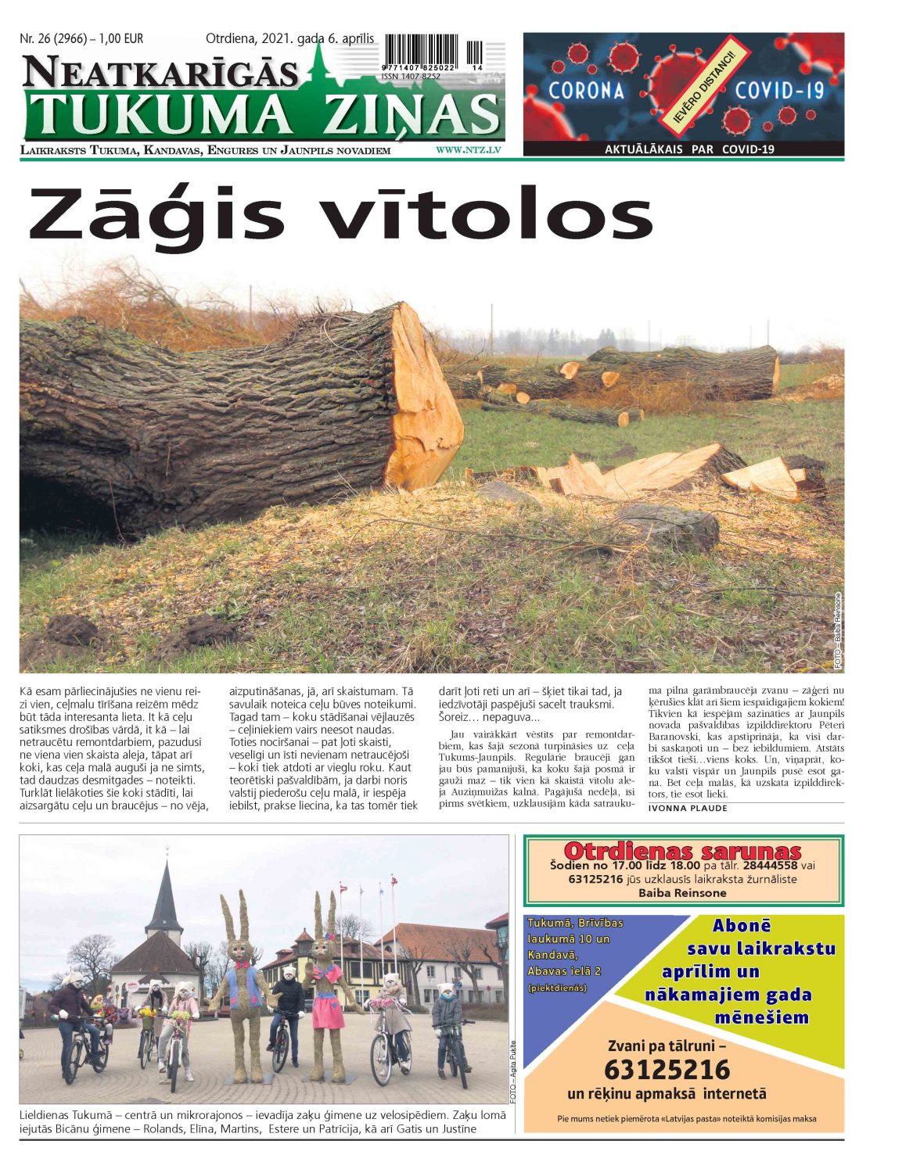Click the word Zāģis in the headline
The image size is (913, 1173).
[156, 215]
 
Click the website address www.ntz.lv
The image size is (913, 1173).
[468, 149]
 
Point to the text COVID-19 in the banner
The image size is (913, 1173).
[779, 90]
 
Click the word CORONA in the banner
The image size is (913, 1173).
[586, 90]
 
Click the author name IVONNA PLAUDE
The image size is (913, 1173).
[688, 809]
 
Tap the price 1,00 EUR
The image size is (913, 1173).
[121, 38]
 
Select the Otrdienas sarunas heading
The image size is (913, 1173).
[682, 852]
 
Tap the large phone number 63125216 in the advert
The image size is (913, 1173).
[667, 1069]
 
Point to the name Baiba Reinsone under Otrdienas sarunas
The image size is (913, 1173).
[682, 892]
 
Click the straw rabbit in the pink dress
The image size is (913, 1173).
[325, 985]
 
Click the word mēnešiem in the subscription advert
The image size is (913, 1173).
[760, 1018]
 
